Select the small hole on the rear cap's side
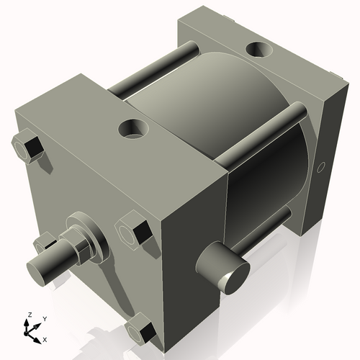321,168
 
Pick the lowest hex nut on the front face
140,330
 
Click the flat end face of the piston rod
41,271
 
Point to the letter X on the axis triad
45,338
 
